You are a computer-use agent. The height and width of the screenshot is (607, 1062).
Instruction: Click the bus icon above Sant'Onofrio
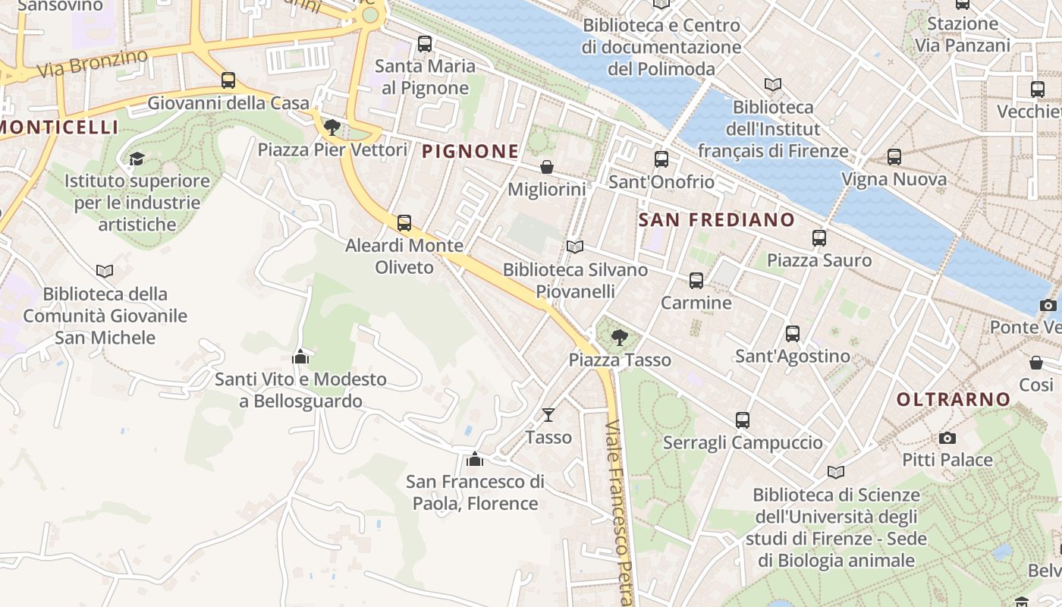(661, 159)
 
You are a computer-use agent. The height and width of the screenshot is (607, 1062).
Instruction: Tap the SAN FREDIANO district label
(717, 220)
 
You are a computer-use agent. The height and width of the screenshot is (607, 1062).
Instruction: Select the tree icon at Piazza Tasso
(620, 338)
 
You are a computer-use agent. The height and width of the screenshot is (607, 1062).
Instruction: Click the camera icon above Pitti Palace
(947, 438)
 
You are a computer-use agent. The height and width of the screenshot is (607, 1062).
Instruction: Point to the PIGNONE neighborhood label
(470, 152)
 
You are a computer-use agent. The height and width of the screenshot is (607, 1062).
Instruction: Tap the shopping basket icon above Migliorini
(546, 167)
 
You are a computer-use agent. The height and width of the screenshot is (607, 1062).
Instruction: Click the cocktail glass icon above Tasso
(548, 414)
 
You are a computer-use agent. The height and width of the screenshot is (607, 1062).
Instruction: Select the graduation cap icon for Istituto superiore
(137, 159)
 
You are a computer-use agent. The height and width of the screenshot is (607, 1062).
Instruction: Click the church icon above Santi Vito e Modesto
(300, 356)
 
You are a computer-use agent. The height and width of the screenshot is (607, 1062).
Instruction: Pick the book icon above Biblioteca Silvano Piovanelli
(575, 247)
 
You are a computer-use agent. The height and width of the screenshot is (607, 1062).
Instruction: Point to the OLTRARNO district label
(954, 399)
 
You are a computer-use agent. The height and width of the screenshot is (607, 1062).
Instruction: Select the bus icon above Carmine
(696, 281)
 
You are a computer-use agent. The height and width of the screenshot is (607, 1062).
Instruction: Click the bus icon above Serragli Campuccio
(743, 420)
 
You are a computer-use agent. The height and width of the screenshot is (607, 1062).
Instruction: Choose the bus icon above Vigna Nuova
(894, 157)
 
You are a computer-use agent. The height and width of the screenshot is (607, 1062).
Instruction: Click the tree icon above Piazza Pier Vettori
(331, 127)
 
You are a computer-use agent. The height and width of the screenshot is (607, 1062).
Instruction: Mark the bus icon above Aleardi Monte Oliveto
(404, 223)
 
